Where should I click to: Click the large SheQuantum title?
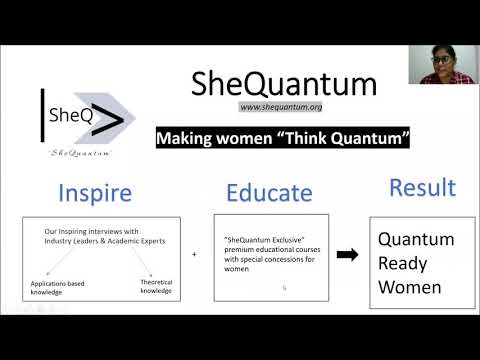284,84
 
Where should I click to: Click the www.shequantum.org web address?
281,107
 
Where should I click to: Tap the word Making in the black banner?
184,138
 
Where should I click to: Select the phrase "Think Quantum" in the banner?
343,138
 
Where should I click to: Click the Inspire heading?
95,193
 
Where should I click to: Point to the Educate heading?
269,193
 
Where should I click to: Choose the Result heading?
423,187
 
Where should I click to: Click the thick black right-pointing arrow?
347,255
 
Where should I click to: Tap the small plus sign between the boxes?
194,254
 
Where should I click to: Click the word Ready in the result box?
402,264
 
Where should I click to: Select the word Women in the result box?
410,287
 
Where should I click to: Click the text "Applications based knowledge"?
57,288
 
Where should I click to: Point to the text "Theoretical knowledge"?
156,286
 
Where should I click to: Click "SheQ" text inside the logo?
71,115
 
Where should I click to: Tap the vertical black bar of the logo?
42,115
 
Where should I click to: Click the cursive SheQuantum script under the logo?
79,153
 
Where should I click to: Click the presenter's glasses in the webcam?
441,60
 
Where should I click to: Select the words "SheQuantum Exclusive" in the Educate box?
264,240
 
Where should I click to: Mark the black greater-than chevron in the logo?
108,120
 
